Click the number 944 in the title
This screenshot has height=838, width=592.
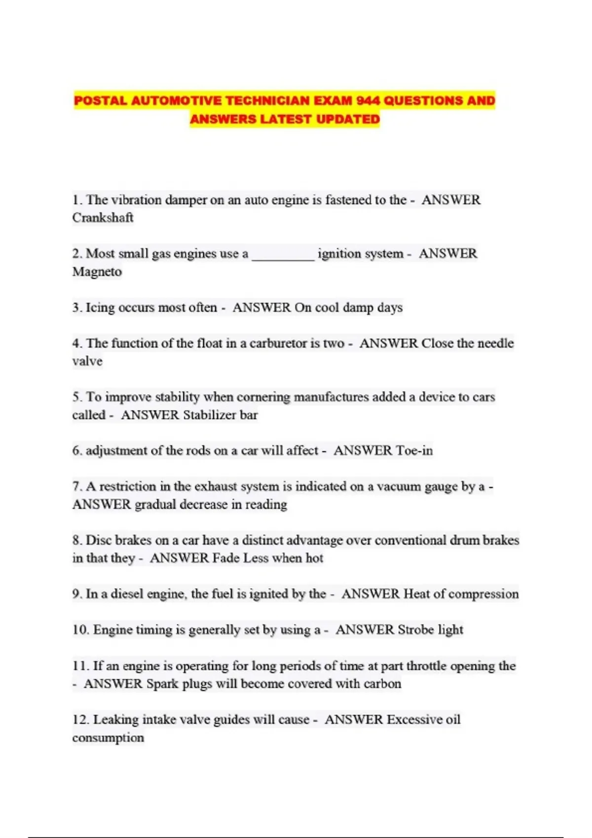367,101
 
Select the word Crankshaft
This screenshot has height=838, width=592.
103,218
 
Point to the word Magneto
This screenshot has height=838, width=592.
97,272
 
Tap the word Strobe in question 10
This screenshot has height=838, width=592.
415,630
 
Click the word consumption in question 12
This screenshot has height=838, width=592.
108,738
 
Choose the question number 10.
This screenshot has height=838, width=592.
80,630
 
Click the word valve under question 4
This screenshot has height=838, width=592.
87,361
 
